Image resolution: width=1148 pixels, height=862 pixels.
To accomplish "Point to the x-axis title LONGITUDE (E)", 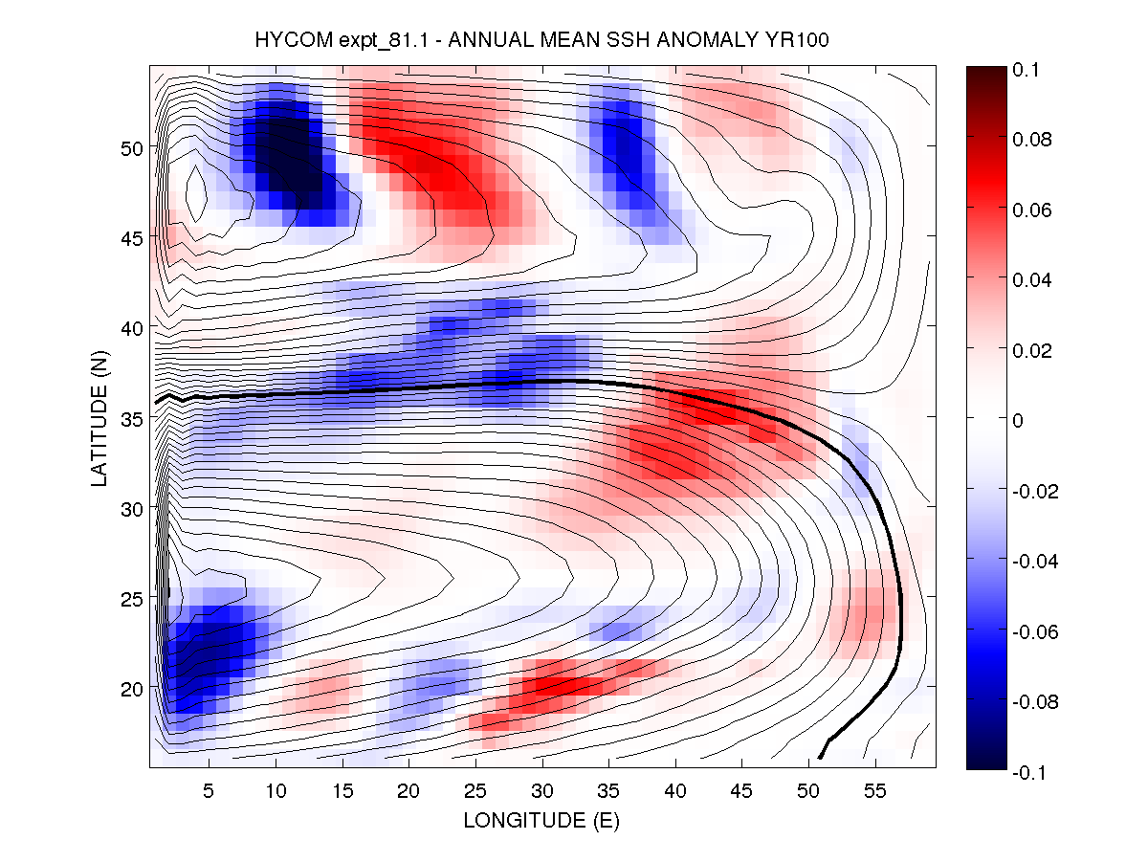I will point(541,821).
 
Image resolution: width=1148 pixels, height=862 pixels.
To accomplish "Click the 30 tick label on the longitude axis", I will point(542,791).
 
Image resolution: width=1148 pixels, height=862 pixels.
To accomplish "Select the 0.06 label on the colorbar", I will point(1031,210).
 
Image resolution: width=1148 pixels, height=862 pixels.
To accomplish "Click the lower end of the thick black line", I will point(820,758).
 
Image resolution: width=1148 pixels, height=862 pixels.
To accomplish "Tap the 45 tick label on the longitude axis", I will point(742,791).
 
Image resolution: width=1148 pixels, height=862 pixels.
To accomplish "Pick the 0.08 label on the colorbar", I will point(1031,140).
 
